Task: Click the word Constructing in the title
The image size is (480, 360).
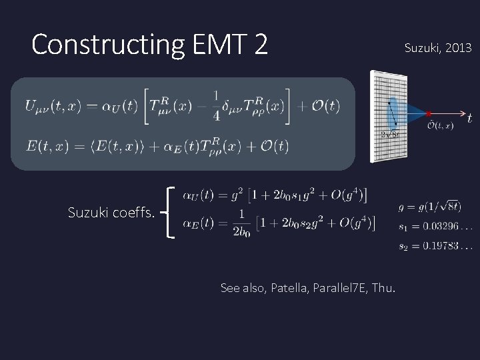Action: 97,45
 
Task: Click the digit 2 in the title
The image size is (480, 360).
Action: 260,45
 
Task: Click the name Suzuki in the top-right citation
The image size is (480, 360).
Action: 421,48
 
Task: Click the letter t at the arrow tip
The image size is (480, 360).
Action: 470,118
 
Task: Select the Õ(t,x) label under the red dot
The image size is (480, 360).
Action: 441,125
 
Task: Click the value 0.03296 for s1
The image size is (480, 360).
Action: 446,227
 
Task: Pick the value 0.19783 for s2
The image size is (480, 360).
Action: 446,247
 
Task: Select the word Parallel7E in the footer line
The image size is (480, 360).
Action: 340,288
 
